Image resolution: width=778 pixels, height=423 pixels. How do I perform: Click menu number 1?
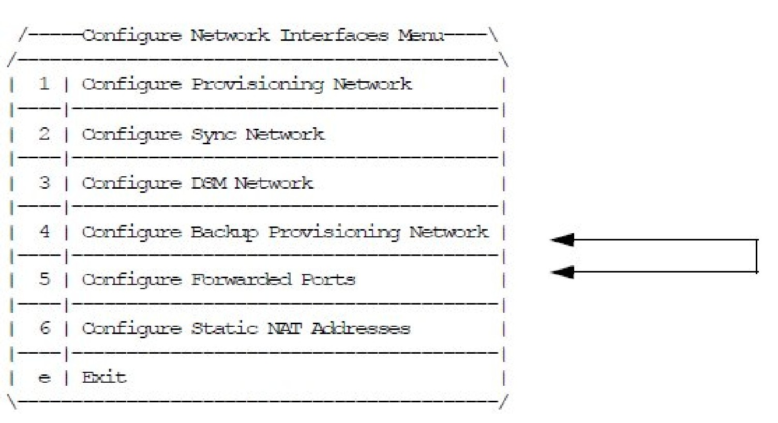44,84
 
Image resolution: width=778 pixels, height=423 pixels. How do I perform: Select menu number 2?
44,134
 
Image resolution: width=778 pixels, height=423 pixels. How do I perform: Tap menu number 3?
44,183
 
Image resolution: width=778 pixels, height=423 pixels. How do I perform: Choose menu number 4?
44,231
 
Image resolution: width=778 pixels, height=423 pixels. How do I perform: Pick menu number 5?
44,280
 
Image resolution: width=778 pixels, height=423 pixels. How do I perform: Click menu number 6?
44,328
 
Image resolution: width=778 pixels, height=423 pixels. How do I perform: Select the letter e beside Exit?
44,378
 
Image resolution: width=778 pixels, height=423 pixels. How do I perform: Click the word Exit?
104,377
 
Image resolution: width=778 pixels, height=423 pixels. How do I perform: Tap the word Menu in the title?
421,36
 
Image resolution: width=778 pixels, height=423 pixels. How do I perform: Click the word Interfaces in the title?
334,36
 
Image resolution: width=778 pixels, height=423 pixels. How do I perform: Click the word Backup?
225,232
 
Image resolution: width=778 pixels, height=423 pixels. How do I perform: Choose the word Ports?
328,280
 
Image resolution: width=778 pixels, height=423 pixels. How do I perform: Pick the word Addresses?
361,328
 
